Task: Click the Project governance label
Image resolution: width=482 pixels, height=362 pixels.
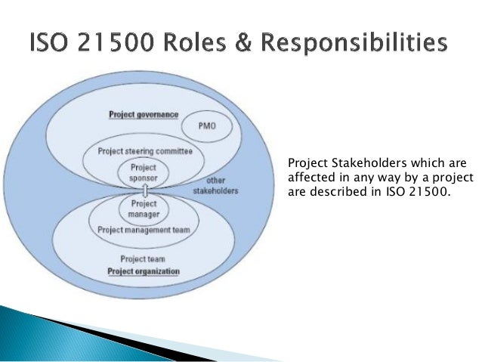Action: pyautogui.click(x=144, y=115)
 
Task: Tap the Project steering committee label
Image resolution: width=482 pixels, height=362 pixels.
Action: pyautogui.click(x=144, y=151)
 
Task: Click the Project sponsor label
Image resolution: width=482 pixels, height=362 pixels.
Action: pyautogui.click(x=144, y=173)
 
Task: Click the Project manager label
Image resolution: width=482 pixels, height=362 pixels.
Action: pyautogui.click(x=144, y=209)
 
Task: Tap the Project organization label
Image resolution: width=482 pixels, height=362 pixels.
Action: pyautogui.click(x=144, y=271)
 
